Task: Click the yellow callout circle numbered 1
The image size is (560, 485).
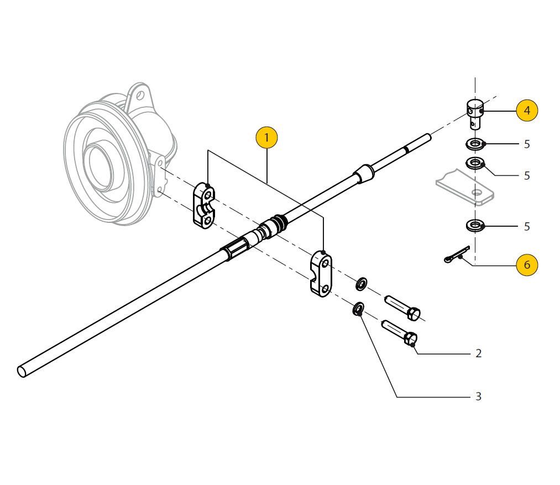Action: click(x=266, y=138)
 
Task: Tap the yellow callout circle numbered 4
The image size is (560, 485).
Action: click(x=526, y=111)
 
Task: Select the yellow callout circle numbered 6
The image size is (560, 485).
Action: click(x=526, y=265)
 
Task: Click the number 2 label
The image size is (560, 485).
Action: click(x=478, y=353)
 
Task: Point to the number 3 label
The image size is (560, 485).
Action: click(x=478, y=397)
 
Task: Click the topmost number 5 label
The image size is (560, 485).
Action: click(x=526, y=144)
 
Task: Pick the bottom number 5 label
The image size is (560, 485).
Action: click(x=526, y=227)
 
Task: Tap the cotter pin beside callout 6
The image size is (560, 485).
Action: click(x=457, y=254)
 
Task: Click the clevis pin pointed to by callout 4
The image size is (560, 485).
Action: click(x=474, y=112)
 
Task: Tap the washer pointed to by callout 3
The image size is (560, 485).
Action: click(x=358, y=309)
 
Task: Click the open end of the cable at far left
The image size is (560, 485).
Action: click(x=22, y=371)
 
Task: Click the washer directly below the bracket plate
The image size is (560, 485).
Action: click(x=474, y=225)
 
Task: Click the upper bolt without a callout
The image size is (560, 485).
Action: click(x=404, y=307)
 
